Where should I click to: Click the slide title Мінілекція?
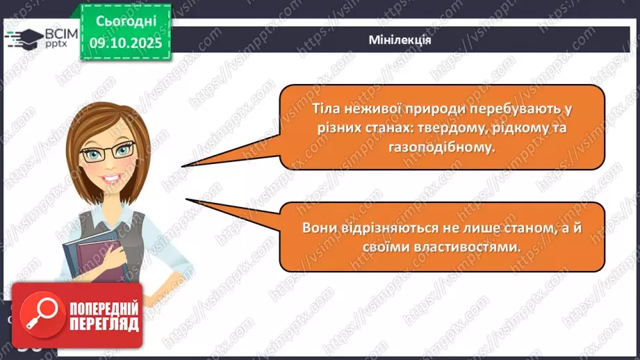[x=400, y=40]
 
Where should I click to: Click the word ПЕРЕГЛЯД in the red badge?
[x=103, y=325]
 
